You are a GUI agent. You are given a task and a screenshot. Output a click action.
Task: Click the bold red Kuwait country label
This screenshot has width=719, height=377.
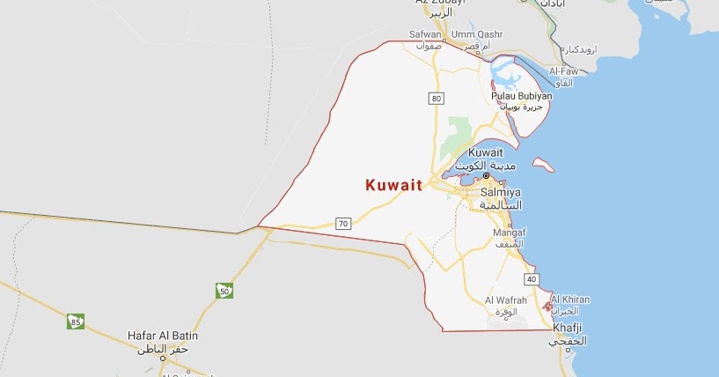click(x=393, y=186)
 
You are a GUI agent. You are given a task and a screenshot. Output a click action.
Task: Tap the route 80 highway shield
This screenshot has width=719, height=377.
click(x=437, y=98)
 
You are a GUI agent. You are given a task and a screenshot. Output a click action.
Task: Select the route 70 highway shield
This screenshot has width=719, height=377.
click(x=343, y=224)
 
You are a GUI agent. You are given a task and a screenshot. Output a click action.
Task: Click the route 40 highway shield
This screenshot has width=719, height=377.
click(x=531, y=279)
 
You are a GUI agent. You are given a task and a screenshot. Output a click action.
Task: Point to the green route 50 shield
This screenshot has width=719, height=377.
click(x=224, y=290)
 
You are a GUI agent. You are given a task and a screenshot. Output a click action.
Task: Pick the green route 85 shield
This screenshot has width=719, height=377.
click(x=76, y=322)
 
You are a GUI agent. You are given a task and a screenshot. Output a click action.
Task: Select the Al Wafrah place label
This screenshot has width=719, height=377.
click(x=506, y=300)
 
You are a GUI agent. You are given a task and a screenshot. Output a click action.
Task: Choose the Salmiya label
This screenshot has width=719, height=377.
click(x=502, y=191)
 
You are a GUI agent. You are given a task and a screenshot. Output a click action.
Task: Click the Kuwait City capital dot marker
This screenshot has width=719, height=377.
click(x=485, y=175)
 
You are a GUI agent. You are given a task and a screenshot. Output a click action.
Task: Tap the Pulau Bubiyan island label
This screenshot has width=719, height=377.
click(x=522, y=95)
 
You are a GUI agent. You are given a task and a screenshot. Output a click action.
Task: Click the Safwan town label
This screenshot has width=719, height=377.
click(x=425, y=34)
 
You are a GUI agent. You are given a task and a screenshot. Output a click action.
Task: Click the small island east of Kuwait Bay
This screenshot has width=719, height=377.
click(x=544, y=165)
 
